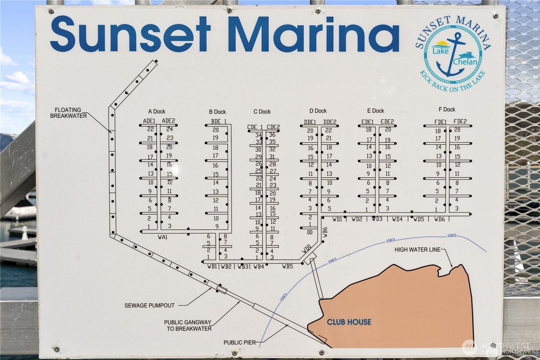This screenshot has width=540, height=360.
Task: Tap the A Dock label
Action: (157, 111)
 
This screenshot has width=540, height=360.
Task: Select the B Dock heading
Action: (217, 112)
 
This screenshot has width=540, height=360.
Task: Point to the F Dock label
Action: (447, 109)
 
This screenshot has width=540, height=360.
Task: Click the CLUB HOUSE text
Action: (349, 322)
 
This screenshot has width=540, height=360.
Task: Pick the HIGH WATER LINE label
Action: (417, 250)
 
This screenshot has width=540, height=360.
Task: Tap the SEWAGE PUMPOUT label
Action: (150, 305)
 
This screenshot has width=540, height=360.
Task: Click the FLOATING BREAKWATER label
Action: (69, 113)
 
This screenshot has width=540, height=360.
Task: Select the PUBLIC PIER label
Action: (240, 342)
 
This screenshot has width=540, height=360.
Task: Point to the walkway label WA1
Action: (162, 237)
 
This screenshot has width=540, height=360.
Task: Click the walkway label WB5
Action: (288, 266)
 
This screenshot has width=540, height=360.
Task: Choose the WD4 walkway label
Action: (397, 219)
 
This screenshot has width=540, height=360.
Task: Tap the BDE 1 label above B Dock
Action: (219, 121)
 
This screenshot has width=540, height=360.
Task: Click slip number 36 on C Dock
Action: (272, 135)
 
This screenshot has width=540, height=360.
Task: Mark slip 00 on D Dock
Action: (310, 232)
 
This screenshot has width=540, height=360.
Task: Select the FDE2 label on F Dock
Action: (460, 122)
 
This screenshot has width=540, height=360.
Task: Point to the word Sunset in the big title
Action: (130, 34)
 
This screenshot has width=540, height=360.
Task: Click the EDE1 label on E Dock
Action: (368, 122)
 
